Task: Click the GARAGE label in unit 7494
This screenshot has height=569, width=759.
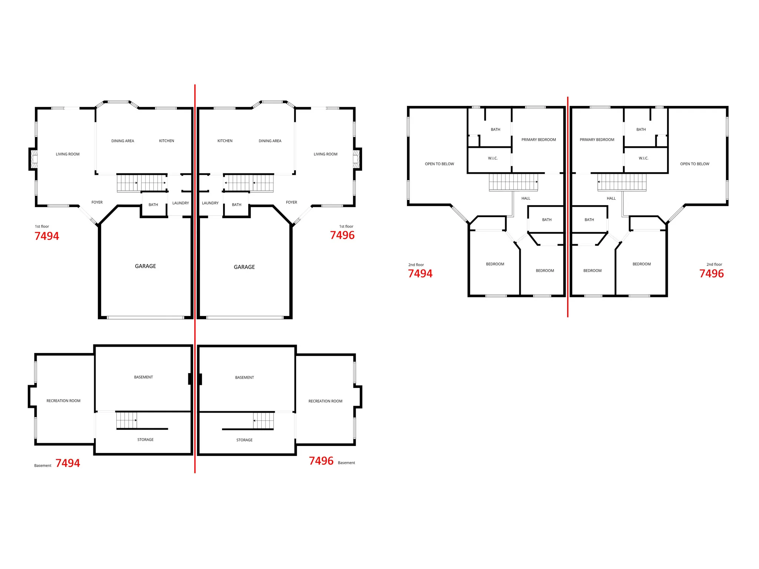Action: pos(145,266)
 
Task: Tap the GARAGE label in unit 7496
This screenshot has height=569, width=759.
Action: pos(244,267)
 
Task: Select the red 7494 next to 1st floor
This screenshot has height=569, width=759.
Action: pos(47,236)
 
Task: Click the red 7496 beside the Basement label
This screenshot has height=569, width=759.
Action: pos(321,460)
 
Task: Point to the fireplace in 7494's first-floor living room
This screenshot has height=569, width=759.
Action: pos(34,159)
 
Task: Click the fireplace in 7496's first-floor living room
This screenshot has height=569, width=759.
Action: pos(356,159)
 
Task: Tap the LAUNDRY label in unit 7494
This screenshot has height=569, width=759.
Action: pos(180,203)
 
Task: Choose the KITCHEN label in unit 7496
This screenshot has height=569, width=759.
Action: pos(225,141)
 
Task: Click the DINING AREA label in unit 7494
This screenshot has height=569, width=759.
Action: pos(123,141)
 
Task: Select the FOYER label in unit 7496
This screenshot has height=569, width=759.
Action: pos(291,202)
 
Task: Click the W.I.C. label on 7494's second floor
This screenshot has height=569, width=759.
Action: pos(493,158)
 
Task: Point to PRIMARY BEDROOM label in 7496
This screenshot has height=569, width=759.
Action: pos(597,140)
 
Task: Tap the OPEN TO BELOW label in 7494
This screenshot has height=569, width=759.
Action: pos(439,164)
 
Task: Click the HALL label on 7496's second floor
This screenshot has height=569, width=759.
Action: pos(611,198)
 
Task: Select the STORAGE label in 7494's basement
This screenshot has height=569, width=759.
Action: pos(145,440)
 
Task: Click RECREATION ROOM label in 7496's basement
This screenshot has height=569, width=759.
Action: pos(325,401)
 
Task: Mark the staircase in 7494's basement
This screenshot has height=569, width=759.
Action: pos(127,420)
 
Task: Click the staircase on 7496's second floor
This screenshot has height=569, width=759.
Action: pos(622,182)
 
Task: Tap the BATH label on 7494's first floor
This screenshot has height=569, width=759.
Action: pos(153,204)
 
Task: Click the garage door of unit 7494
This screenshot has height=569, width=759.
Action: pos(145,317)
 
